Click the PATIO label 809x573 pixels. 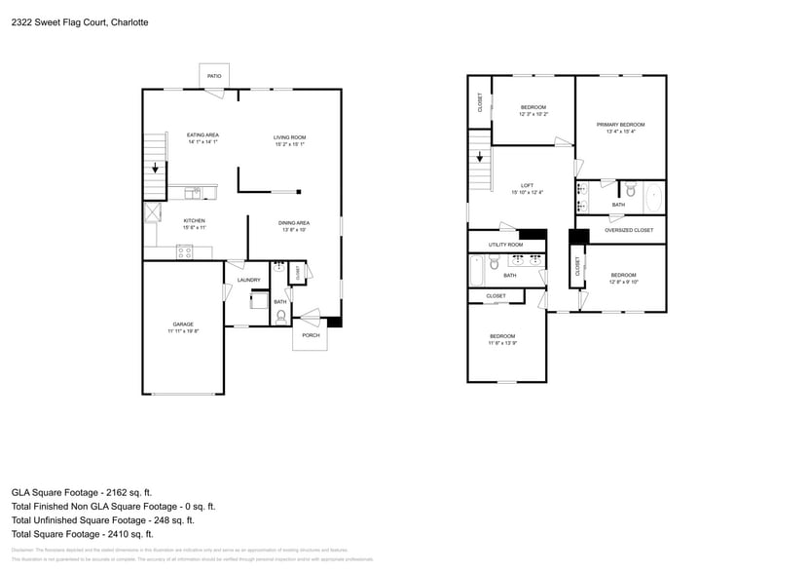[x=213, y=76]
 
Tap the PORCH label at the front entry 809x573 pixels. [x=311, y=335]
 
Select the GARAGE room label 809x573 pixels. [x=183, y=325]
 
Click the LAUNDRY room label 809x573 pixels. [x=248, y=281]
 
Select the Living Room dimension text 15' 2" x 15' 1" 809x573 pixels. [x=289, y=144]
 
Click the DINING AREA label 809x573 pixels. [x=295, y=222]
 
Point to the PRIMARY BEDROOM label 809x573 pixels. [x=620, y=125]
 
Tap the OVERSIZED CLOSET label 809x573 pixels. [x=628, y=231]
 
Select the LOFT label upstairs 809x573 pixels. [x=527, y=185]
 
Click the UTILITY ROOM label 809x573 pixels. [x=505, y=245]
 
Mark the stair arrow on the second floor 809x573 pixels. [x=479, y=156]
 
